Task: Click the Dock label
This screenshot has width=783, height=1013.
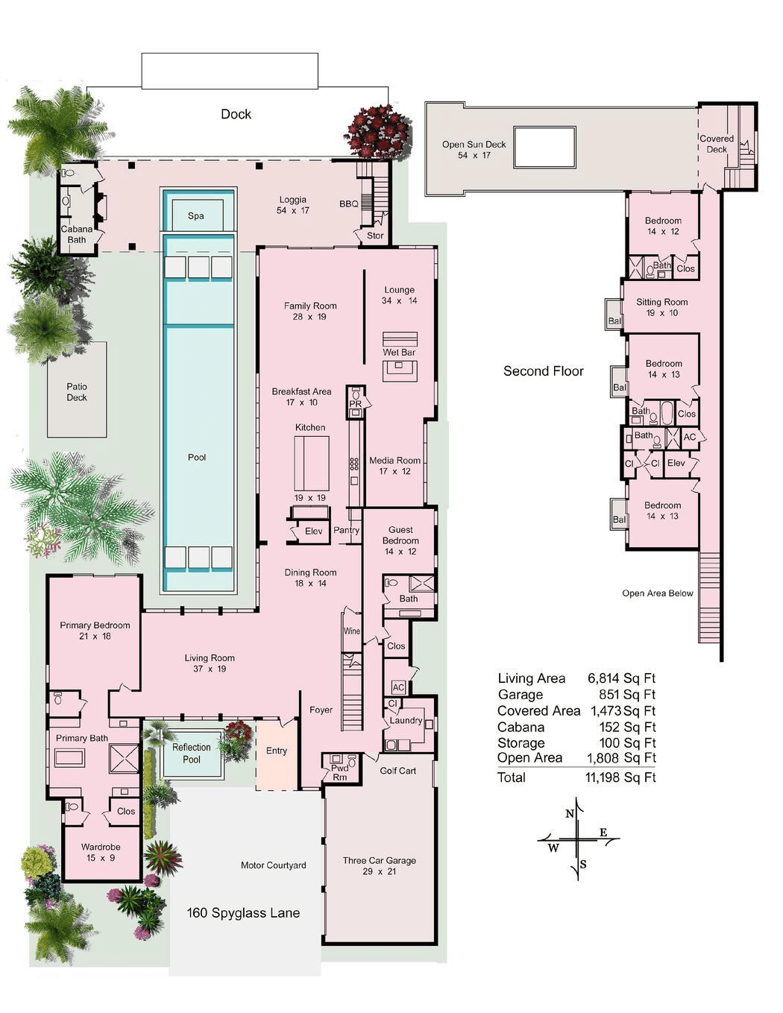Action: pos(236,114)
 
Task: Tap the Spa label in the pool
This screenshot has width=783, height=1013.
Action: pos(195,216)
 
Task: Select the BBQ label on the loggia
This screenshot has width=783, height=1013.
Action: pos(348,204)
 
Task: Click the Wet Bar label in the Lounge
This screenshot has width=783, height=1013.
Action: pos(399,353)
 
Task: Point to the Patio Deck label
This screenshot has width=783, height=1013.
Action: pos(77,392)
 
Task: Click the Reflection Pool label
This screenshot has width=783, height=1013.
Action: pos(192,753)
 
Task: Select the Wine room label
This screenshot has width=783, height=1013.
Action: pos(351,631)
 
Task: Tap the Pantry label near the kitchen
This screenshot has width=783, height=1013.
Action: pos(346,531)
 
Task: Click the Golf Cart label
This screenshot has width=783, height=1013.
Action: pos(397,771)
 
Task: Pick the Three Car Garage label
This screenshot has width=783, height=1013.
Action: pos(379,865)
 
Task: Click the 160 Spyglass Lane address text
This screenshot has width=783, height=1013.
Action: pos(243,913)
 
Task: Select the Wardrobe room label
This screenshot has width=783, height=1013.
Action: pos(101,852)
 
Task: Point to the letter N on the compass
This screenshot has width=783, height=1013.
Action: pos(570,814)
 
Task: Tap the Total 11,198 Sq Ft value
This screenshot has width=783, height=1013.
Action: pos(620,777)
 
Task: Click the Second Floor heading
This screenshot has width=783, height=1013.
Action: pos(543,371)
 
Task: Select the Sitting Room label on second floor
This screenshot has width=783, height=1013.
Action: pos(661,307)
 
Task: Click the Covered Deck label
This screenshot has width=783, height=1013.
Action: pos(716,144)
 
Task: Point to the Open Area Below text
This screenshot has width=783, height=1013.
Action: pos(657,593)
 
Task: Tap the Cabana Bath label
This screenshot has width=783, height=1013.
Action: pos(77,234)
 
